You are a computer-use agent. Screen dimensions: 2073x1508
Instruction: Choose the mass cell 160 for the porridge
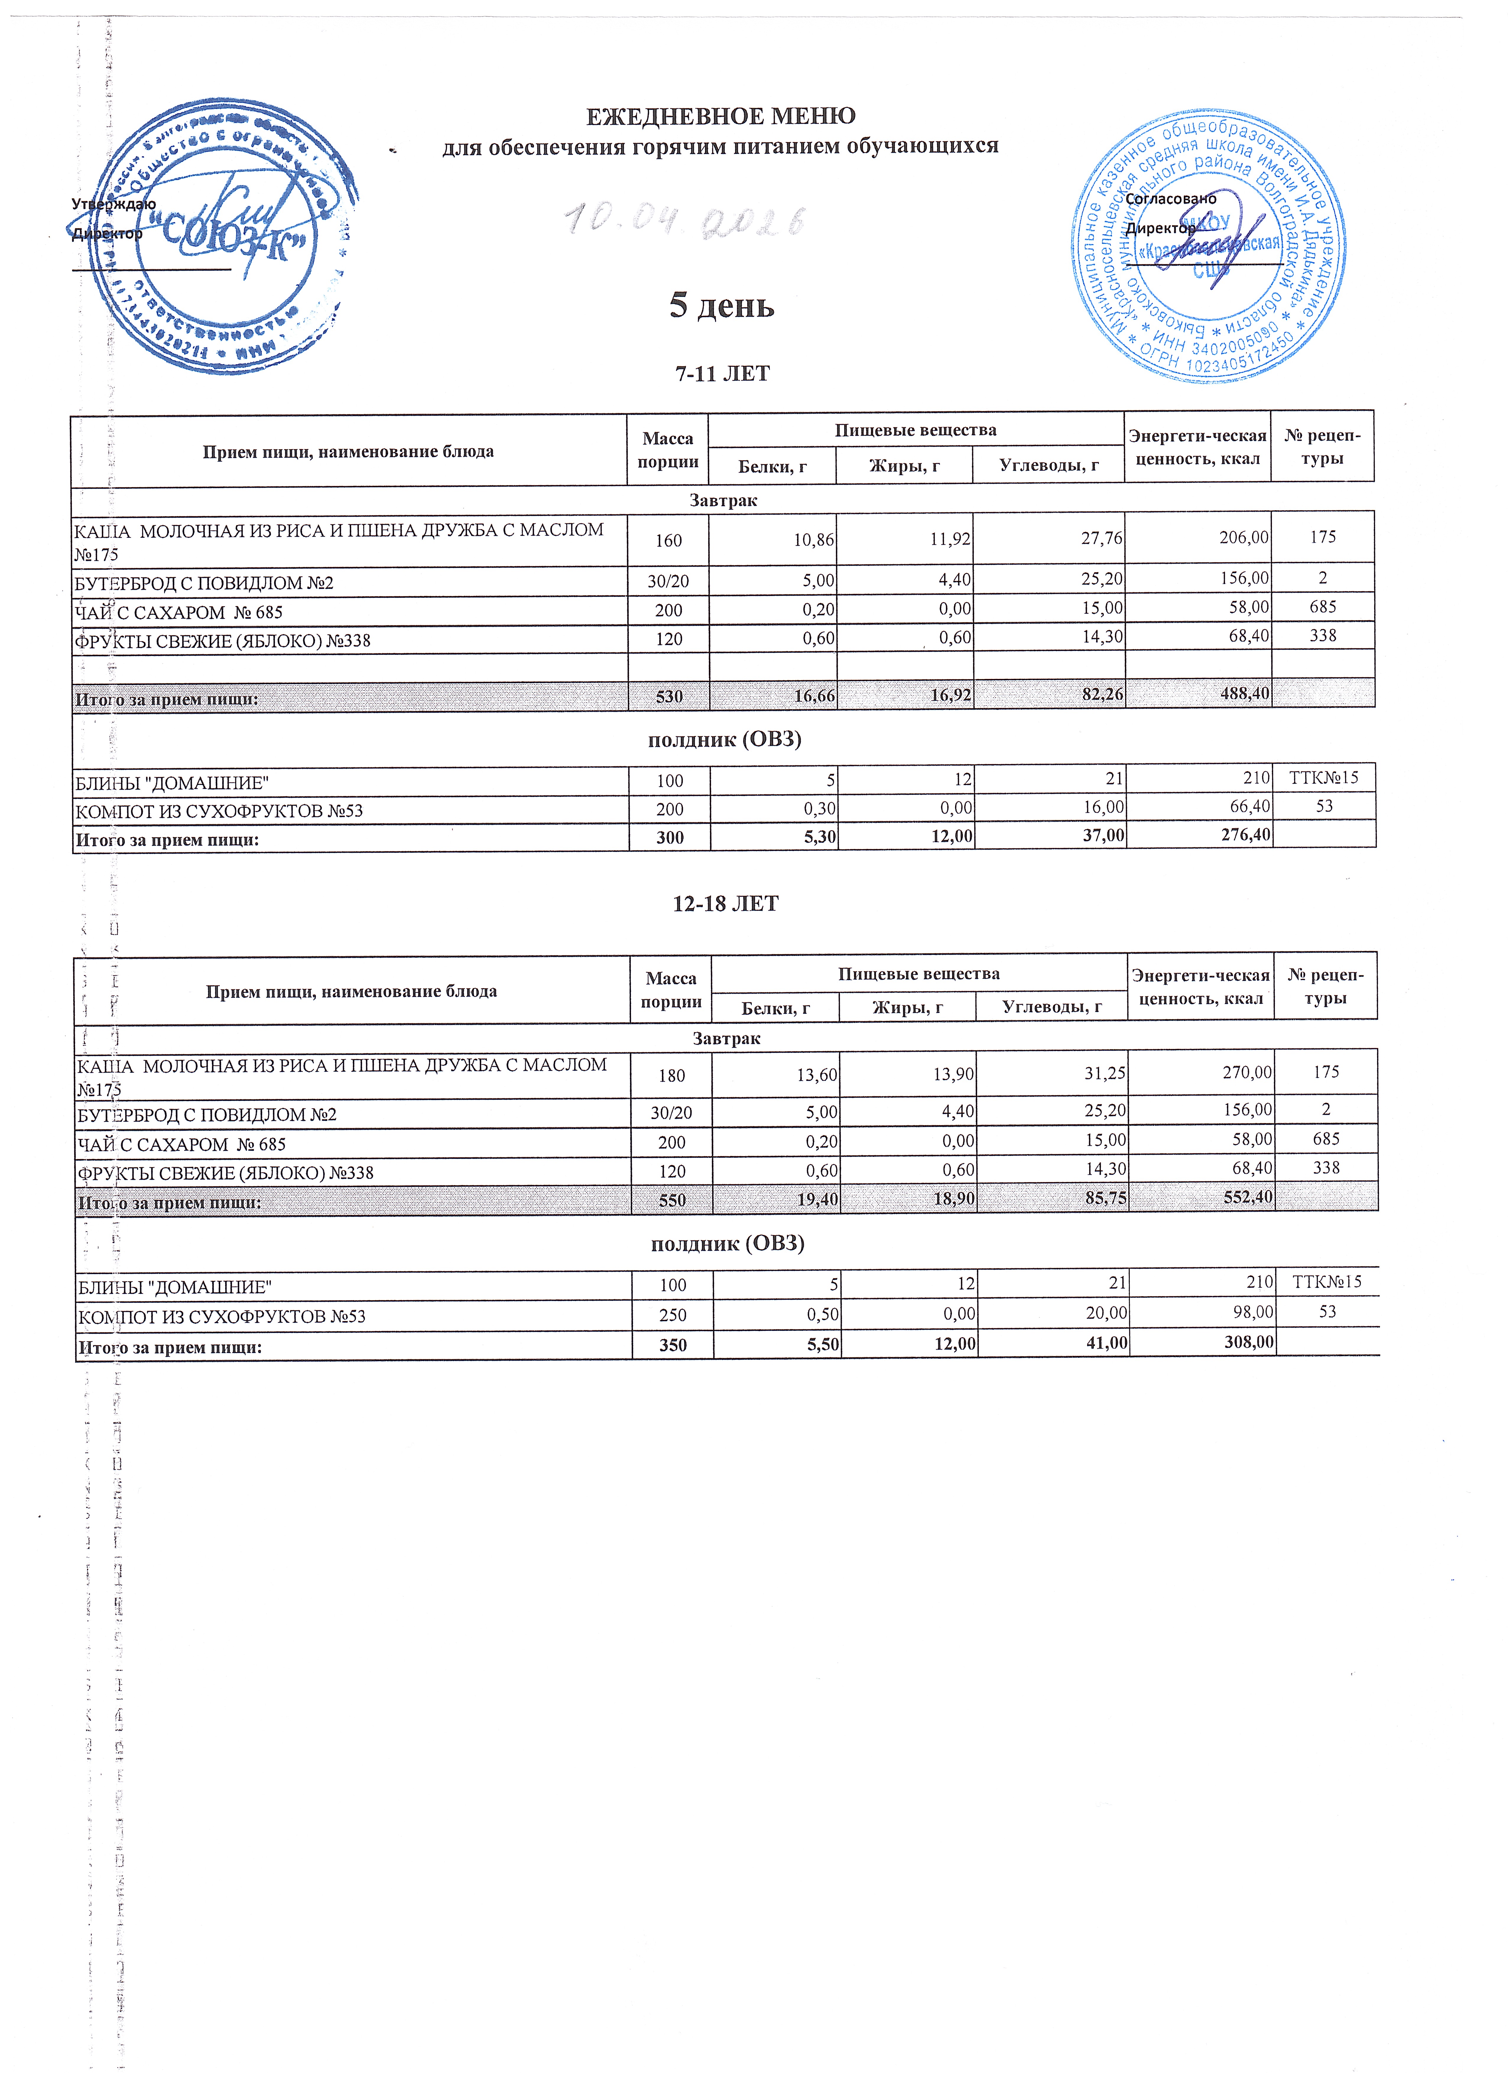pos(668,540)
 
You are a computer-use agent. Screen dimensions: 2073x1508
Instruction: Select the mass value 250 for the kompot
pos(673,1314)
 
